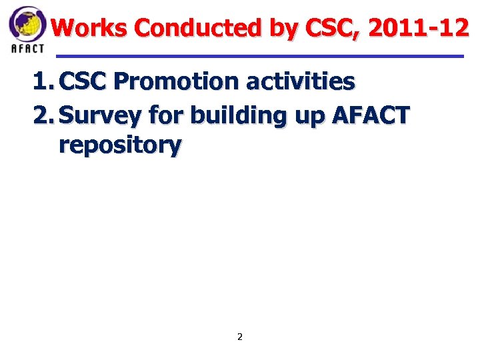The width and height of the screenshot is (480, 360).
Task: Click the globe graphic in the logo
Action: pyautogui.click(x=27, y=23)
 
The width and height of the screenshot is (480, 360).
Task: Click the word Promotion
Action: pyautogui.click(x=176, y=82)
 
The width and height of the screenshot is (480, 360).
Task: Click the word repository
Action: pyautogui.click(x=120, y=145)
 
